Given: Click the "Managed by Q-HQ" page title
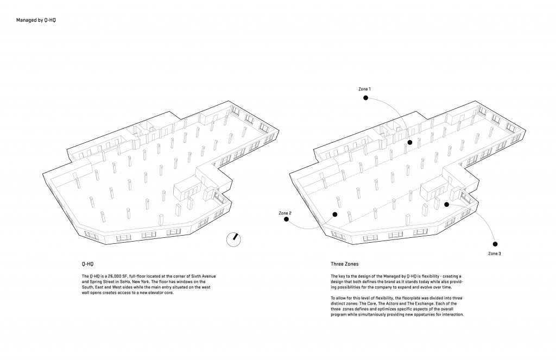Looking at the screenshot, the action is coord(36,20).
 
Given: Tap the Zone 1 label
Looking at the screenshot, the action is coord(364,89).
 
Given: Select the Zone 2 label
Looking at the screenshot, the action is coord(285,213).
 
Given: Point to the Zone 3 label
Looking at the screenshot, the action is coord(494,254).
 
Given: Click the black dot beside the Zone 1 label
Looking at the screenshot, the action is coord(365,98).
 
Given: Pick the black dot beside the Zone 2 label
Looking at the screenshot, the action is coord(287,219).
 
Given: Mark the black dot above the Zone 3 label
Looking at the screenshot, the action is coord(495,244).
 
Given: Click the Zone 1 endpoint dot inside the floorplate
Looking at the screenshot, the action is coord(410,143).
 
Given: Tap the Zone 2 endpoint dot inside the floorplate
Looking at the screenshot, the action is coord(334,214).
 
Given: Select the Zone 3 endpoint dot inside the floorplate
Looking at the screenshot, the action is coord(447,205).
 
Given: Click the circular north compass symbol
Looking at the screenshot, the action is coord(233,240).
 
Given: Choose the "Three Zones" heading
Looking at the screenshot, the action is coord(345,264).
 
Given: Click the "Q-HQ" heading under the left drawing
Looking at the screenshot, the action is coord(87,264).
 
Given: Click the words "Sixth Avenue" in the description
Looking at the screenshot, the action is coord(204,276).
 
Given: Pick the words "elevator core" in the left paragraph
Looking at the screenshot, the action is coord(162,293).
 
